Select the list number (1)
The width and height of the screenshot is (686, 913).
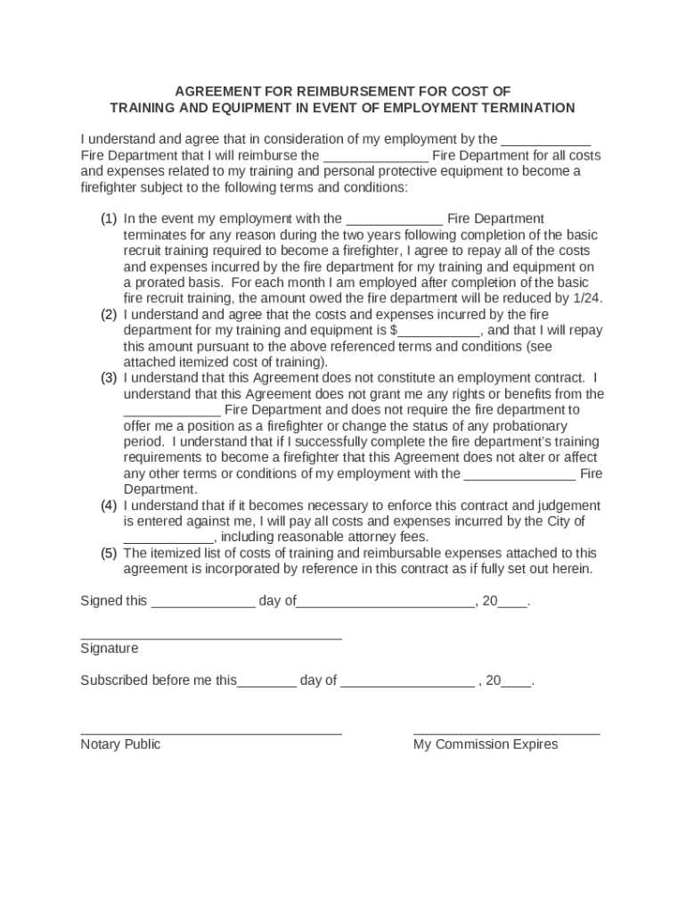(x=109, y=219)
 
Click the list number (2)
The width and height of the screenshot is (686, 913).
(x=109, y=315)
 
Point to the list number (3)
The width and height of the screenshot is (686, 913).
(x=109, y=378)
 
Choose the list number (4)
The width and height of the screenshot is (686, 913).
(x=109, y=506)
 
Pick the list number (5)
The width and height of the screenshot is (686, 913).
(x=109, y=554)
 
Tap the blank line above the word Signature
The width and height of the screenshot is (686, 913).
(x=211, y=638)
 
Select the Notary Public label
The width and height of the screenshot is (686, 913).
(x=120, y=744)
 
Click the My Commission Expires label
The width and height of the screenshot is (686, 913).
(x=486, y=744)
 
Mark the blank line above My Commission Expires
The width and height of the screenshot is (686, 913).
(x=506, y=734)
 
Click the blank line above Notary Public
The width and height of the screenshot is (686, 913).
(x=211, y=734)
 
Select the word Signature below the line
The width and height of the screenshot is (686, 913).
(x=110, y=649)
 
